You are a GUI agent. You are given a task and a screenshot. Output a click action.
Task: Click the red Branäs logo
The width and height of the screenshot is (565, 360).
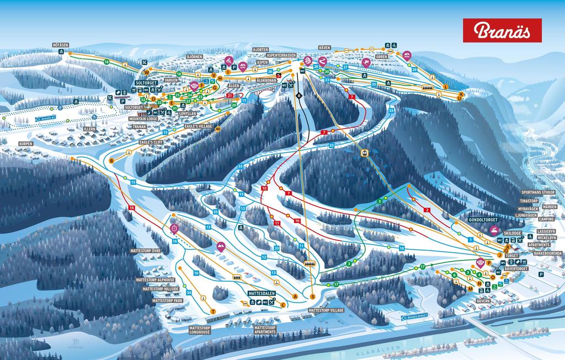pos(502,30)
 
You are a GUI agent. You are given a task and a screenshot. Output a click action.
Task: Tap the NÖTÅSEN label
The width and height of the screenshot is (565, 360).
pos(60,44)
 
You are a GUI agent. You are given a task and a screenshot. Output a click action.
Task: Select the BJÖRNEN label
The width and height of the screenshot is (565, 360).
pos(194,56)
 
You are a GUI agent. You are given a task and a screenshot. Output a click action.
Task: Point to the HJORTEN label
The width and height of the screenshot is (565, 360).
pos(260,49)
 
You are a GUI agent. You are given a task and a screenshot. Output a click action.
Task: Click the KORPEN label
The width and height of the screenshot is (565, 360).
pos(25,144)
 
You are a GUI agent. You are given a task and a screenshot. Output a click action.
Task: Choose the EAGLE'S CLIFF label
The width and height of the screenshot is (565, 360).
pos(150,142)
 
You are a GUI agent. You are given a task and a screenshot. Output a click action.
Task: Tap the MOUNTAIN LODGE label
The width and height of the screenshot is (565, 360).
pos(143,119)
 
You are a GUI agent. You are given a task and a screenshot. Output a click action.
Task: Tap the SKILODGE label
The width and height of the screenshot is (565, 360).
pos(512,234)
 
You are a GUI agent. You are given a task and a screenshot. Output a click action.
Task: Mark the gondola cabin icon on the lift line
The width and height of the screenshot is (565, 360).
pos(364,152)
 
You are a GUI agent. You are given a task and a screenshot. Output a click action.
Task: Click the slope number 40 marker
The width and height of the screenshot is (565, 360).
pos(218,129)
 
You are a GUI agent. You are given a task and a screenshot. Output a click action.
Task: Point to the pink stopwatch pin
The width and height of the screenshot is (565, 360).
pos(175,228)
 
